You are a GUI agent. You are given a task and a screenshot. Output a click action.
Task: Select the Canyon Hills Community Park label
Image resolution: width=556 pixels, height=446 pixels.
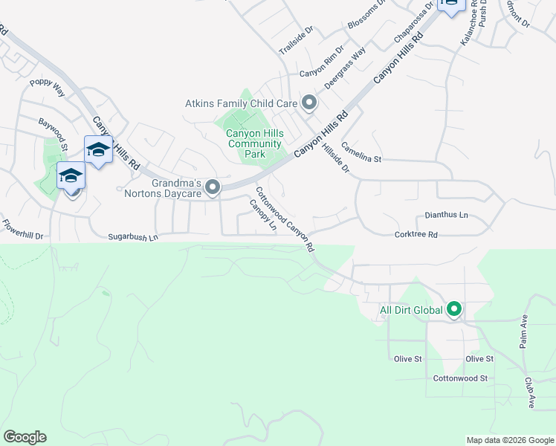click(x=255, y=144)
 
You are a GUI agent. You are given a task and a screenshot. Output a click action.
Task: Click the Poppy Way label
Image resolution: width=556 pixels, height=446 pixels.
click(x=47, y=87)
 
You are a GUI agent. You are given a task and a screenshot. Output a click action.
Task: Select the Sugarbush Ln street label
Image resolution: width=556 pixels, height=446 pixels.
click(x=133, y=237)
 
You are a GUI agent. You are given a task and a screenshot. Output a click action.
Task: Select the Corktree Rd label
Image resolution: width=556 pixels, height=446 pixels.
click(x=416, y=235)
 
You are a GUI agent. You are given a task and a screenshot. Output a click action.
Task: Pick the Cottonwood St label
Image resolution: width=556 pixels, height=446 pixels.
click(x=461, y=378)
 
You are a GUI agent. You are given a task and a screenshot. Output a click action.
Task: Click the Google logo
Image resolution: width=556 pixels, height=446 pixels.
click(x=25, y=437)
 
